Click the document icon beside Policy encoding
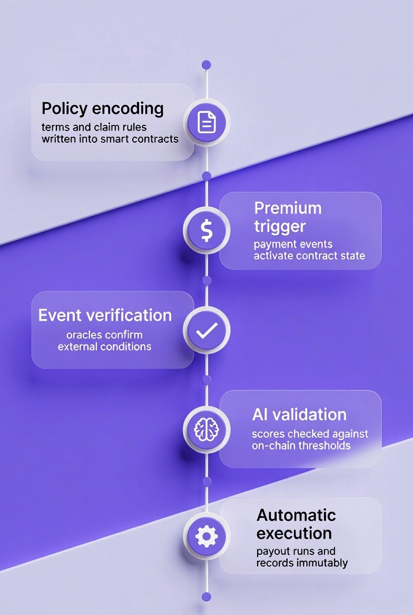point(206,123)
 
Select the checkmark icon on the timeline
point(206,330)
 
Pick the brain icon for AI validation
point(206,430)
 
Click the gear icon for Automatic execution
point(206,537)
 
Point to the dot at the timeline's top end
point(206,64)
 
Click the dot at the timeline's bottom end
point(206,597)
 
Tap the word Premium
point(288,207)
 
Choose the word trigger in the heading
point(280,226)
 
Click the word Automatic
point(296,514)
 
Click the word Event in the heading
point(60,315)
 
